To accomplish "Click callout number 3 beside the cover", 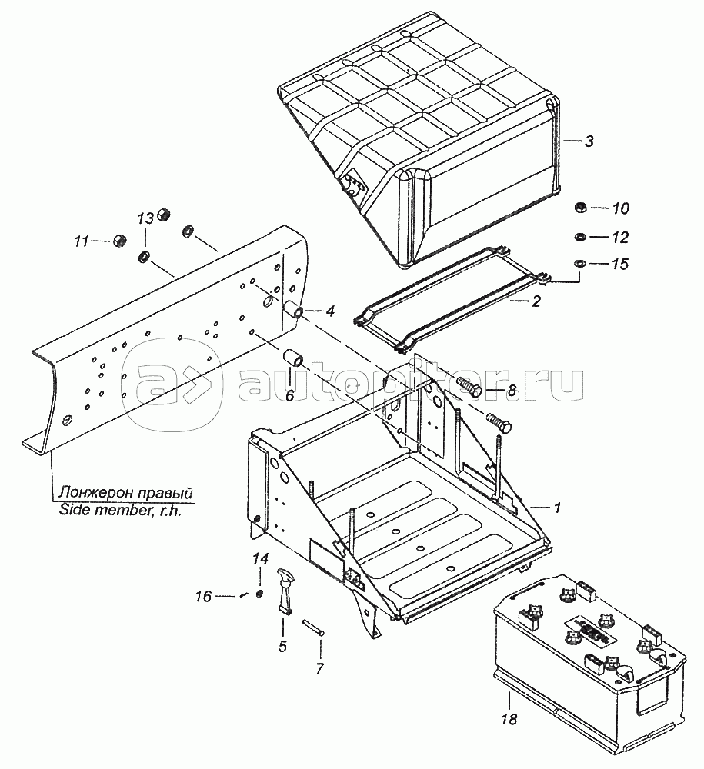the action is [589, 141].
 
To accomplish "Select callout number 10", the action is [620, 208].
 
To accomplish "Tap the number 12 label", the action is [620, 238].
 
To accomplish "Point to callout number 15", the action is [620, 265].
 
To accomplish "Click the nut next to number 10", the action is [579, 208].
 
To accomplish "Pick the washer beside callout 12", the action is [579, 237].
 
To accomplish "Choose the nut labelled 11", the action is [119, 240].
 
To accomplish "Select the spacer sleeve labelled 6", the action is [295, 357].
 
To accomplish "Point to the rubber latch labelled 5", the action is [285, 588].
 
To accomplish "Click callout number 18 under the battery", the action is [509, 719].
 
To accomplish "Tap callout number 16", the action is [203, 597].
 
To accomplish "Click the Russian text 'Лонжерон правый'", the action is [125, 492].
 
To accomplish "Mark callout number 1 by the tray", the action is [556, 508].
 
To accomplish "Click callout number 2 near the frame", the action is [536, 301].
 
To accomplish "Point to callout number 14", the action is [261, 558].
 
